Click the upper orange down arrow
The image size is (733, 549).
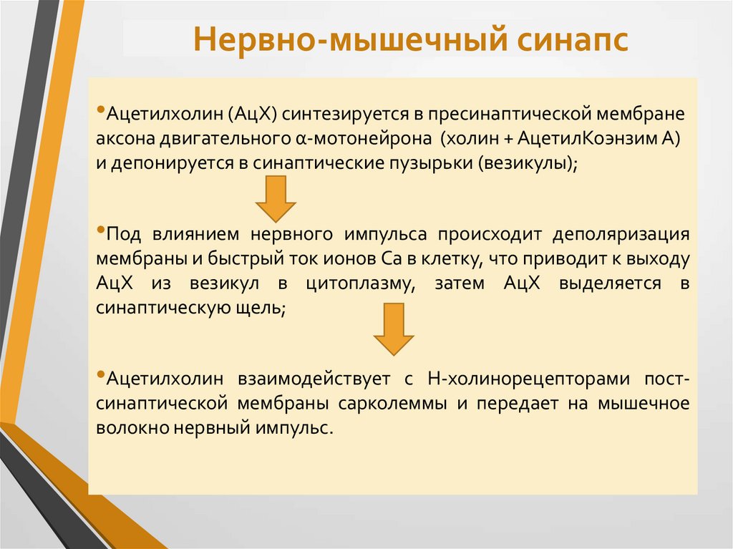point(276,198)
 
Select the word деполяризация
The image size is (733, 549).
point(619,235)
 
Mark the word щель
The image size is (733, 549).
point(267,307)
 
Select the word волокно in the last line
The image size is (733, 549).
point(126,428)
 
